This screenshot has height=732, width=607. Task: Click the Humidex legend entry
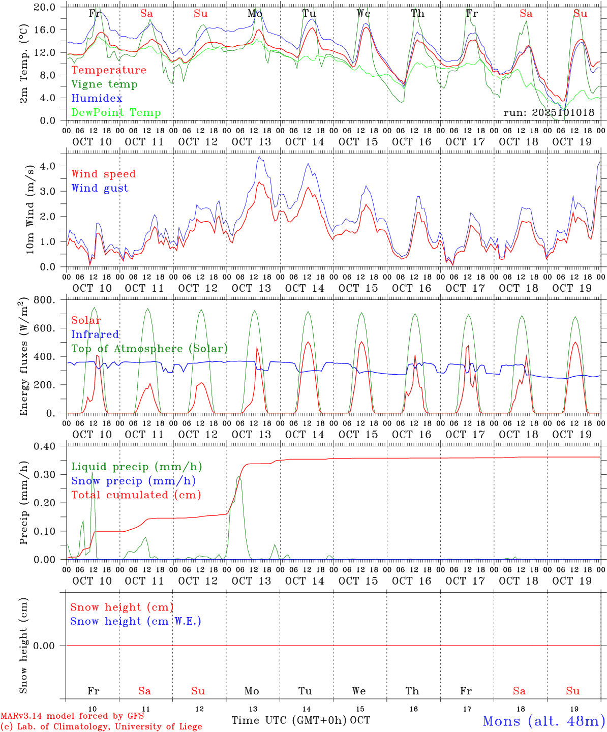[x=97, y=98]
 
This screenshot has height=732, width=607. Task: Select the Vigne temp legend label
[x=104, y=84]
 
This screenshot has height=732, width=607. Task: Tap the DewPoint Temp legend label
[x=116, y=112]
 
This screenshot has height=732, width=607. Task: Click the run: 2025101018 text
[x=549, y=112]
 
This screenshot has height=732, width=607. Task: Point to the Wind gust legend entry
[x=100, y=188]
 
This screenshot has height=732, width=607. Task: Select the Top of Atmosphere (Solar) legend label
[x=149, y=348]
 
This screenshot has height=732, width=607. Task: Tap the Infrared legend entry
[x=95, y=334]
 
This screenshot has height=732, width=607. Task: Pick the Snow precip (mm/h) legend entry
[x=133, y=480]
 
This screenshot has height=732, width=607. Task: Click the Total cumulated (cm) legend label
[x=136, y=495]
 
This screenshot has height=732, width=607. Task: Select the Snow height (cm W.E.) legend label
[x=136, y=621]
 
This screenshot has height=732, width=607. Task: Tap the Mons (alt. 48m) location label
[x=543, y=720]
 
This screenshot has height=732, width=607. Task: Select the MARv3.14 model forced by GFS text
[x=72, y=716]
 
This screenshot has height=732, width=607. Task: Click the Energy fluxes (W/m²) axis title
[x=24, y=357]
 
